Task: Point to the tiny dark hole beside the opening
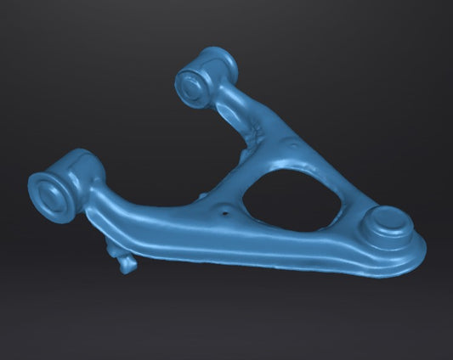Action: pos(224,214)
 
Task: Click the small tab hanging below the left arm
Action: pos(126,261)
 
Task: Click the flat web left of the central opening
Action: pos(212,204)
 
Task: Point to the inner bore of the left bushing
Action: pos(47,195)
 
